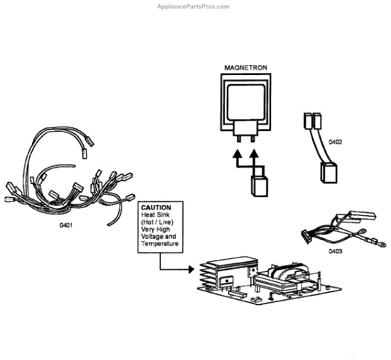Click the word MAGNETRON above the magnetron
[x=245, y=68]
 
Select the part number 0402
[x=335, y=142]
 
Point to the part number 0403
[x=335, y=250]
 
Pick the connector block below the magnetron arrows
[x=259, y=187]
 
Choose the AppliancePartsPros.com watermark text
[x=194, y=7]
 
